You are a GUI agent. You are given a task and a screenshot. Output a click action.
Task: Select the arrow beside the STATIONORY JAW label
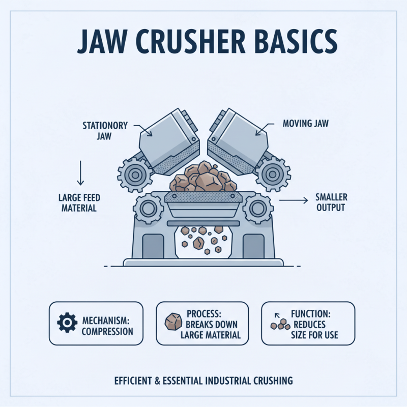(145, 132)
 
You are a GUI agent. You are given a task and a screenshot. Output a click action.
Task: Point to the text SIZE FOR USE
(315, 335)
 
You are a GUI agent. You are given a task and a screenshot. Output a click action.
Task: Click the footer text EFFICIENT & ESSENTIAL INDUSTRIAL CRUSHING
(203, 380)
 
